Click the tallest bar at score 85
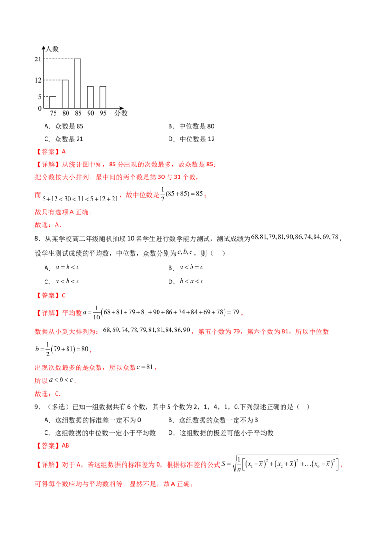coord(78,83)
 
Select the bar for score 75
coord(53,103)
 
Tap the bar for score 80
coord(65,94)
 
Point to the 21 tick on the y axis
coord(38,59)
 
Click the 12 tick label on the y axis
coord(38,80)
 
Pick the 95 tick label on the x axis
coord(103,113)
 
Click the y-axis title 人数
coord(53,49)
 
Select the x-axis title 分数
coord(121,113)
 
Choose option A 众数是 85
coord(64,126)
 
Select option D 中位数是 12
coord(191,139)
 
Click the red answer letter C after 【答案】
coord(64,295)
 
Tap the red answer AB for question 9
coord(65,445)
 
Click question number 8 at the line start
coord(37,238)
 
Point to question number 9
coord(37,407)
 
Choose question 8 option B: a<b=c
coord(186,267)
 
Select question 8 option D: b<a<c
coord(186,281)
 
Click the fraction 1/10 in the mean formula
coord(96,313)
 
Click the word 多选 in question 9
coord(57,407)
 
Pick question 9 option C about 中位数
coord(100,433)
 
